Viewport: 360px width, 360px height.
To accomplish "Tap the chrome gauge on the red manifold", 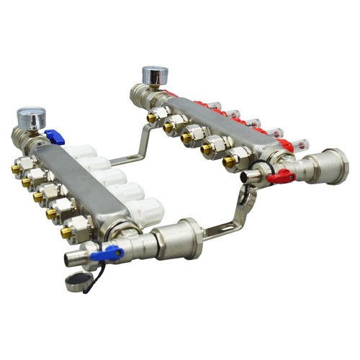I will pyautogui.click(x=154, y=76).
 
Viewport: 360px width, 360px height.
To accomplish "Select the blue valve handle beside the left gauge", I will pyautogui.click(x=54, y=137).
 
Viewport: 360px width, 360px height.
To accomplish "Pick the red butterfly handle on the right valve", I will pyautogui.click(x=279, y=176).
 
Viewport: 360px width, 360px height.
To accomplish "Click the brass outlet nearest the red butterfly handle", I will pyautogui.click(x=229, y=163).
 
